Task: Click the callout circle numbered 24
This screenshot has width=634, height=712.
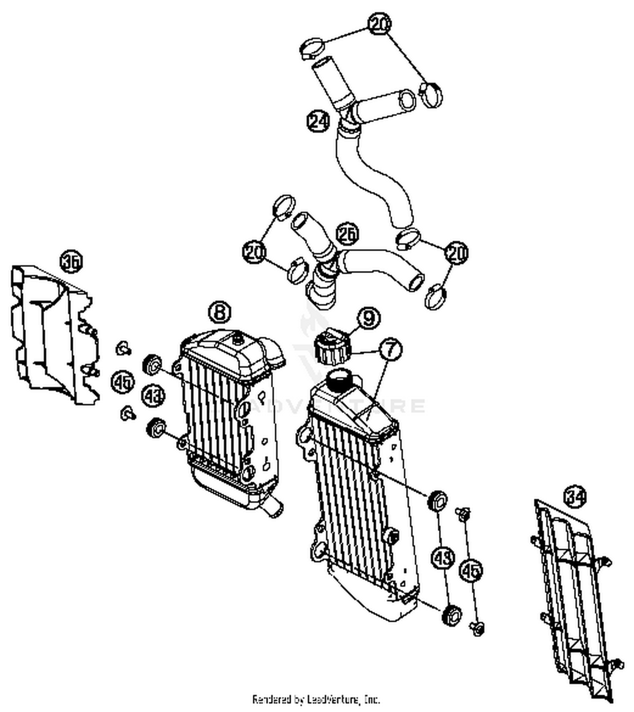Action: tap(318, 121)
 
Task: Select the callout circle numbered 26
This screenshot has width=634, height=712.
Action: tap(347, 234)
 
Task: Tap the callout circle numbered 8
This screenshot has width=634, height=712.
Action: tap(220, 312)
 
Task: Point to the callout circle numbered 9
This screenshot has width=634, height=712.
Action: tap(369, 318)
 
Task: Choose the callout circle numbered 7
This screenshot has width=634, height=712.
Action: tap(391, 349)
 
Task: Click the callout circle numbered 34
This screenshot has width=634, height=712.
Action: tap(575, 496)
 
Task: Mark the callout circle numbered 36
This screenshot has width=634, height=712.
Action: tap(71, 262)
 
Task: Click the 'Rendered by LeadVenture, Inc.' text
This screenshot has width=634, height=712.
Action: tap(316, 699)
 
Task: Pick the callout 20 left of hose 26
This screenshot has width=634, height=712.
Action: tap(254, 252)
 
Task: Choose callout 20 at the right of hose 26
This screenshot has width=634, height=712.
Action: tap(456, 253)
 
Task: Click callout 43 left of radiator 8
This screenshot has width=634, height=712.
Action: tap(153, 396)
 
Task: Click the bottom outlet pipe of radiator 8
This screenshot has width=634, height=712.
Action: tap(273, 507)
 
